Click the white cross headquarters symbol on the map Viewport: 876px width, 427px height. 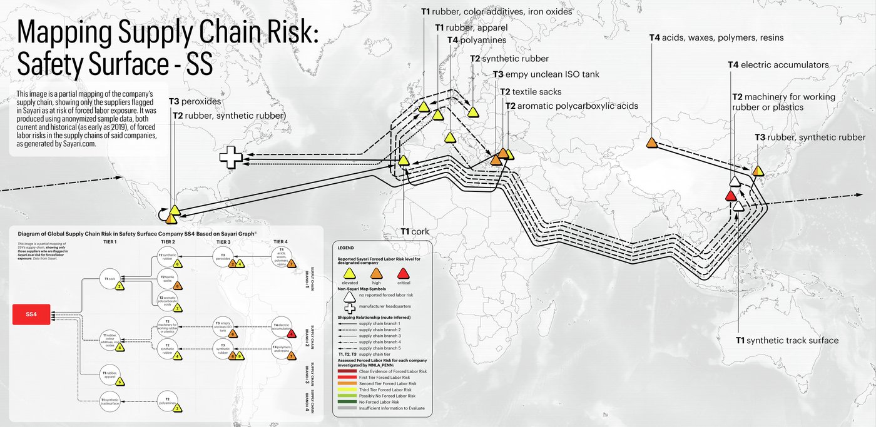(x=230, y=159)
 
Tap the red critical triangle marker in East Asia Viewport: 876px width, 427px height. (x=730, y=196)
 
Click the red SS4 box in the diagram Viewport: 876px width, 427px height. (x=31, y=314)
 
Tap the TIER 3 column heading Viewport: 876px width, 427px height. (x=223, y=241)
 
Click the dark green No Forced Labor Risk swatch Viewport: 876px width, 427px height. (x=347, y=402)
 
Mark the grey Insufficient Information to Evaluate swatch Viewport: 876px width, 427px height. (x=347, y=408)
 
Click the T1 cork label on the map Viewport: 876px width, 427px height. (x=415, y=231)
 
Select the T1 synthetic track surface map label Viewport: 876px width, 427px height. (x=787, y=340)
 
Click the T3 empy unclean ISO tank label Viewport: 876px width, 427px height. (x=546, y=74)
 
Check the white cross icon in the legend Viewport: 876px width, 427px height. (x=350, y=308)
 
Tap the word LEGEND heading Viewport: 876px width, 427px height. (x=345, y=248)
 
